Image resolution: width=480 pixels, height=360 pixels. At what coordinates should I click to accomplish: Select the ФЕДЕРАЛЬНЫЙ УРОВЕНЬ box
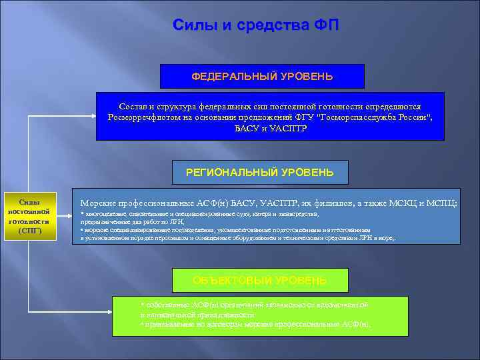262,77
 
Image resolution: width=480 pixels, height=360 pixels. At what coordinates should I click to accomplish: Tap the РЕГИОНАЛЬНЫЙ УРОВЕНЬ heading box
260,173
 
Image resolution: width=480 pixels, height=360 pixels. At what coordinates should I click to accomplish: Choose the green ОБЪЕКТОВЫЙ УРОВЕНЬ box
259,281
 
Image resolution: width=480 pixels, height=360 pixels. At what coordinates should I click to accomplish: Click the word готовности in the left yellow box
29,221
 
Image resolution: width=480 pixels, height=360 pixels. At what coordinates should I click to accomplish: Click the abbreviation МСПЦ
443,203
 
